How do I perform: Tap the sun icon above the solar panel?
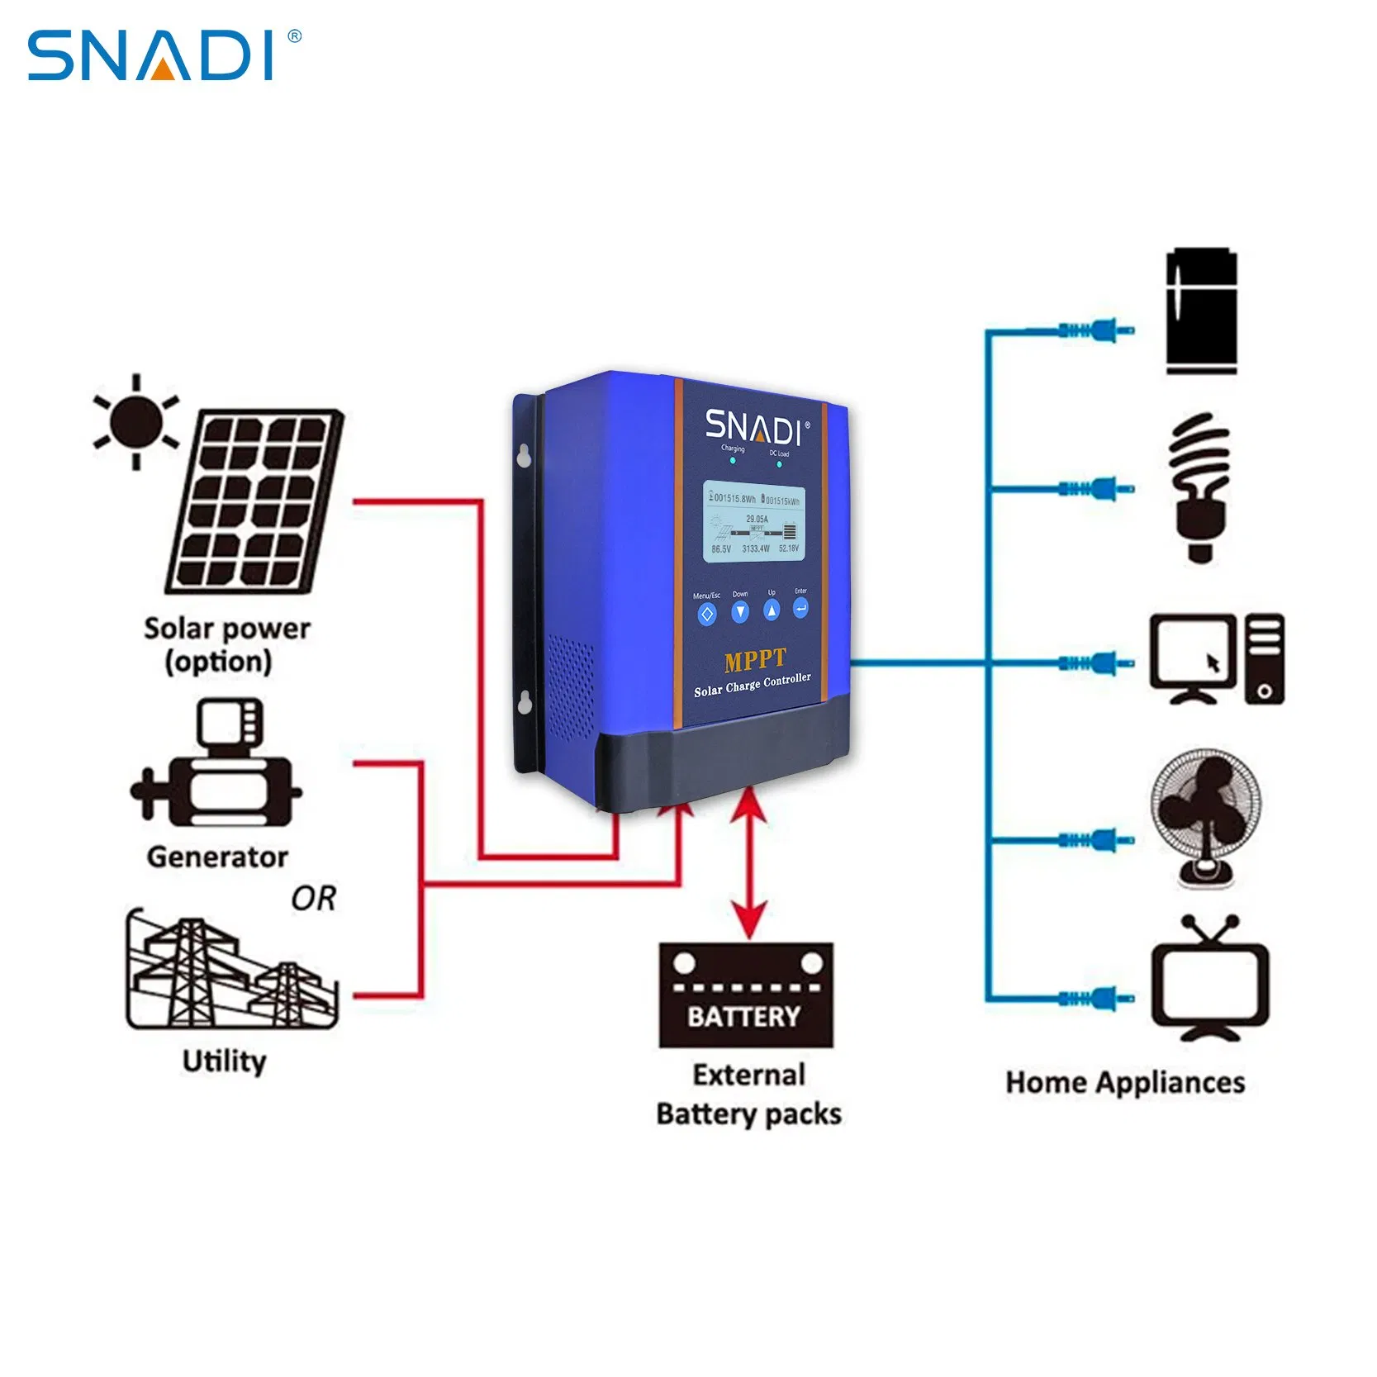pos(136,422)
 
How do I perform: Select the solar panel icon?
pos(255,501)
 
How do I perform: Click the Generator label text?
pos(217,857)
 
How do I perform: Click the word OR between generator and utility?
pos(314,899)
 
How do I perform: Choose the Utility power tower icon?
pos(230,971)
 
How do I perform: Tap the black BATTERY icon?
pos(746,995)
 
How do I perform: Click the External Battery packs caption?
pos(748,1094)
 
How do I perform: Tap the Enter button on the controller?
pos(800,609)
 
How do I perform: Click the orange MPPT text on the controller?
pos(755,660)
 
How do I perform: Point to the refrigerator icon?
pos(1201,311)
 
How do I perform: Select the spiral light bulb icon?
pos(1200,487)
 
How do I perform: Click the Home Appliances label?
pos(1125,1082)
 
